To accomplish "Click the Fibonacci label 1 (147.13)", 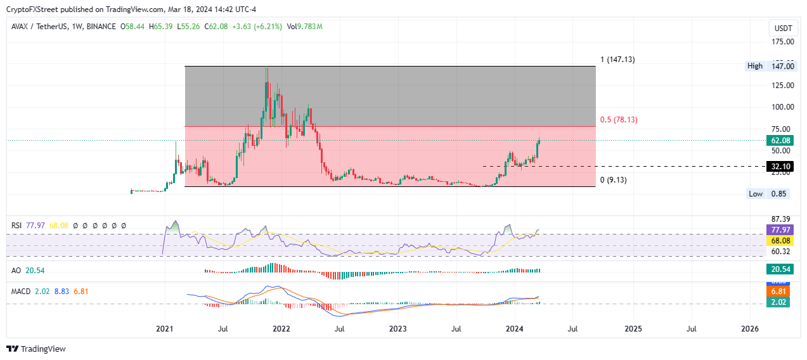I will (x=620, y=60).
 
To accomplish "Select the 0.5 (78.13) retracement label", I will (x=617, y=119).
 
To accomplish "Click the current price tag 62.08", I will (x=778, y=140).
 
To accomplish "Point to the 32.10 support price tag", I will (x=778, y=167).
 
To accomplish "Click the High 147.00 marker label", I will (x=768, y=66).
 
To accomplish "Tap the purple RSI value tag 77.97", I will (x=778, y=229).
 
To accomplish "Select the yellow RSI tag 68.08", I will (x=778, y=241).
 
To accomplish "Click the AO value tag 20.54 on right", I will (x=778, y=270).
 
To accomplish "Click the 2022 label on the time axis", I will (x=281, y=329).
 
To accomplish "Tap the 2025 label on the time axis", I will (x=633, y=329).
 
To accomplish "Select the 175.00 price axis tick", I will (x=782, y=42).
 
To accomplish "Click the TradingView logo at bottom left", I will (x=36, y=349).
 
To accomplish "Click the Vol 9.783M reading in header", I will (x=305, y=27).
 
